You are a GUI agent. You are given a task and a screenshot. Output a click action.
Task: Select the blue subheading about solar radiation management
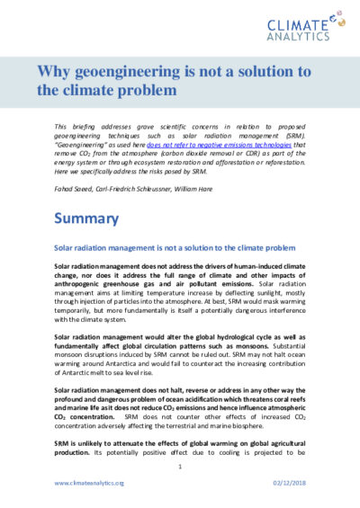[175, 246]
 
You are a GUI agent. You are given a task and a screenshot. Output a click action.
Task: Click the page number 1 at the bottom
[180, 467]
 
